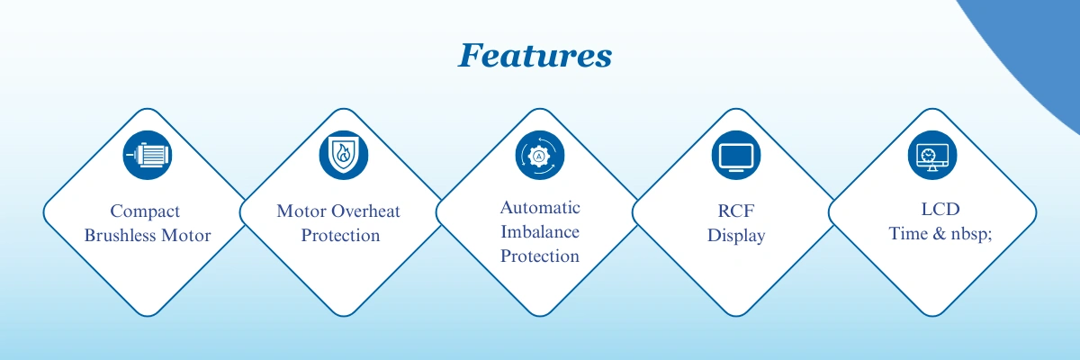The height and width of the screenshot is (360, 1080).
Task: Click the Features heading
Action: (x=535, y=56)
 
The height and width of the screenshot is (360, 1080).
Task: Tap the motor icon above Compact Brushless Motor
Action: (x=148, y=155)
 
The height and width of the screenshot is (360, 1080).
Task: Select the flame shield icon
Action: (x=344, y=155)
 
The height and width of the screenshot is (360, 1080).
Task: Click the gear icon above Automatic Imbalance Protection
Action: (x=540, y=155)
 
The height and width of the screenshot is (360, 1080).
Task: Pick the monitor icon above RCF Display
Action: (x=736, y=155)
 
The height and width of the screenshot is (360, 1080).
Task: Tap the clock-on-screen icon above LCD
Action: (x=932, y=155)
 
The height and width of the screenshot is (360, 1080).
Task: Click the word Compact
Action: (x=145, y=211)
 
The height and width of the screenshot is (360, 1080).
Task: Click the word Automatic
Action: (x=540, y=208)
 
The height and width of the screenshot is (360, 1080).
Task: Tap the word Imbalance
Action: (x=540, y=232)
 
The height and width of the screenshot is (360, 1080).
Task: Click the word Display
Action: (x=736, y=236)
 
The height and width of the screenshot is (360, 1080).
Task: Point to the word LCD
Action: (x=940, y=209)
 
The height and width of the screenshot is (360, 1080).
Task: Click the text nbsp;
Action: (x=971, y=234)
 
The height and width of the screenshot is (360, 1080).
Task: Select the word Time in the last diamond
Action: (x=908, y=234)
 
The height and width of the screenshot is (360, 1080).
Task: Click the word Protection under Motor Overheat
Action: (x=340, y=235)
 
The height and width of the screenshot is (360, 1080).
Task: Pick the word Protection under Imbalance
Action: (x=540, y=256)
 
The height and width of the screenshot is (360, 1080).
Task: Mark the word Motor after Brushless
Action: (x=186, y=235)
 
